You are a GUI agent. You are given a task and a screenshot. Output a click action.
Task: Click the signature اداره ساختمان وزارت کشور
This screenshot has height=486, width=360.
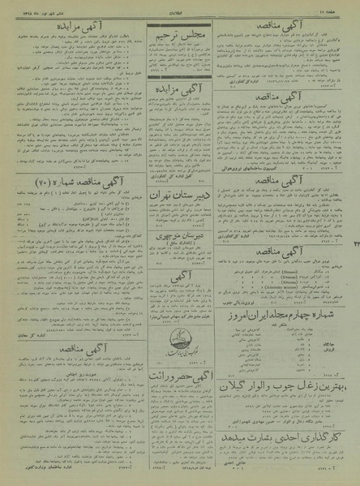(81, 473)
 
